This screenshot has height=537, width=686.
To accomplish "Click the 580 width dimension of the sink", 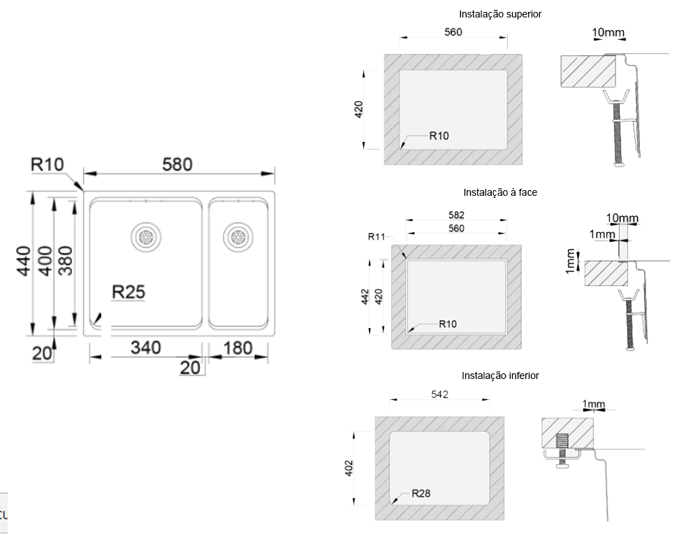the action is coord(177,164).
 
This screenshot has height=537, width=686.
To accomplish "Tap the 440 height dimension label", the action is coord(24,262).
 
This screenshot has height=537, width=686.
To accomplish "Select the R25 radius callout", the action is coord(128,292).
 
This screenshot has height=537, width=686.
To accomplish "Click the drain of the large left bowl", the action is coord(146,237).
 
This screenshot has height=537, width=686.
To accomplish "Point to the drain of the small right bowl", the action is coord(238,237).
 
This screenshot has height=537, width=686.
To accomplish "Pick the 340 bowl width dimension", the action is coord(146,348).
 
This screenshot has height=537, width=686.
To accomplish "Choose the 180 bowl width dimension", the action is coord(238,348).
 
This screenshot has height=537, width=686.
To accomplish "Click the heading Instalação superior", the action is coord(500,15).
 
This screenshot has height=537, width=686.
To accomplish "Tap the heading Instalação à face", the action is coord(500,192).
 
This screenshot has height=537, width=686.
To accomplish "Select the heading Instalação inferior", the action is coord(500,375).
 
